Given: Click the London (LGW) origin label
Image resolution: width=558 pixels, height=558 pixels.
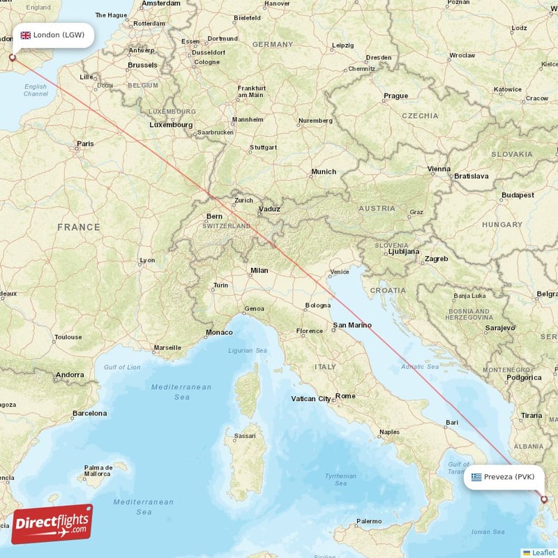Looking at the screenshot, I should [59, 35].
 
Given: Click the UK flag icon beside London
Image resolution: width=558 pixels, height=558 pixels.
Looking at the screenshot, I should [25, 35].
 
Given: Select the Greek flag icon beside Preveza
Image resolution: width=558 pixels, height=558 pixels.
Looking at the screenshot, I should [476, 477].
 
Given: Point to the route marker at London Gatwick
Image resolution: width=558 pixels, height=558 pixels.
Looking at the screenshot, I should [11, 59].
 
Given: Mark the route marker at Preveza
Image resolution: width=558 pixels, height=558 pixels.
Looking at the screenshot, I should [544, 499].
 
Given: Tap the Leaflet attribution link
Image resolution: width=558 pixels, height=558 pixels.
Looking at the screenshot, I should [543, 552].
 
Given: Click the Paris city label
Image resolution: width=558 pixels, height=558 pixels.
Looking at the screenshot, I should [85, 144].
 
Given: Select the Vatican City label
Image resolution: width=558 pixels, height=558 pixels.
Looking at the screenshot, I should [311, 399].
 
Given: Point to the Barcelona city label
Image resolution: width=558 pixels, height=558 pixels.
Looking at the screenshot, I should [89, 414].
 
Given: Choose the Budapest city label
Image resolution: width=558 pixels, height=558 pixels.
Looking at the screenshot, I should [517, 195].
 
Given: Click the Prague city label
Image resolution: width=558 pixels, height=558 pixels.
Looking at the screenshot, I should [395, 96].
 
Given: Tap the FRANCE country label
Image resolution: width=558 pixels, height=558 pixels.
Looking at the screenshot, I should [79, 227].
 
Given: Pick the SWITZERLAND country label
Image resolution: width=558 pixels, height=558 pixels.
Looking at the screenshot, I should [227, 227].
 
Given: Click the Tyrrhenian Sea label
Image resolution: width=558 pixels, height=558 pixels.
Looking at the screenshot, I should [340, 479].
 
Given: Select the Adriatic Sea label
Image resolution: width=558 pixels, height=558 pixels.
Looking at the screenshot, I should [421, 366].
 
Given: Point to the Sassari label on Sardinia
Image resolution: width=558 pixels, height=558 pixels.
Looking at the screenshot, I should [244, 435].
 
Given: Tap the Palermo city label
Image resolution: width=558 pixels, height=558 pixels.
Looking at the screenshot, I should [369, 521].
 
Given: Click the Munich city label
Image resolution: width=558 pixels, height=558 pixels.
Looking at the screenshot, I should [324, 172].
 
